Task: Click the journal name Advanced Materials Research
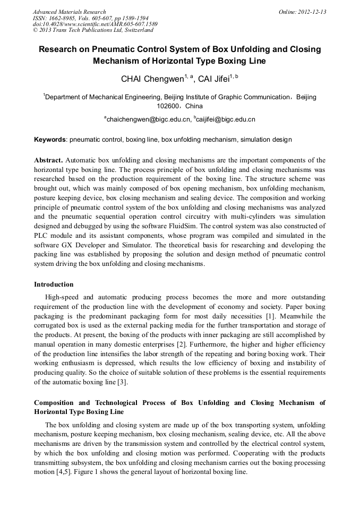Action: tap(69, 11)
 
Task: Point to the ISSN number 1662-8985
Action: tap(62, 18)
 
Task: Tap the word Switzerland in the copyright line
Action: tap(137, 30)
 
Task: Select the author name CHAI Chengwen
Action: tap(151, 80)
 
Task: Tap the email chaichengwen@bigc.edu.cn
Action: tap(148, 119)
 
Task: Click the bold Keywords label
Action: tap(50, 140)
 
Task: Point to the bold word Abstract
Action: tap(48, 160)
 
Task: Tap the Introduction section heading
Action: tap(54, 284)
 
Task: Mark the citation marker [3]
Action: tap(122, 383)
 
